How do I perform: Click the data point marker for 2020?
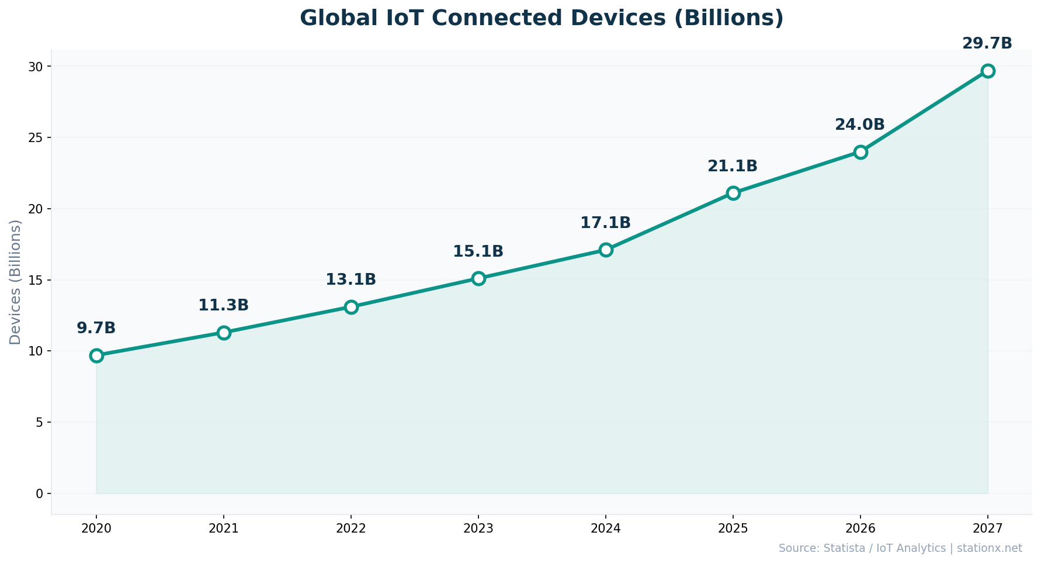[x=96, y=355]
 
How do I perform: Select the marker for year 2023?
[x=478, y=278]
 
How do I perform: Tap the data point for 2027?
[x=988, y=71]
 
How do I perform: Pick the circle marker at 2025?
[x=733, y=193]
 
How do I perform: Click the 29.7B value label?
[x=987, y=44]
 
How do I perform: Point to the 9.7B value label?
[x=96, y=329]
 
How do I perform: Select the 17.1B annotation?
[x=605, y=223]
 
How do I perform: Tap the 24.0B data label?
[x=859, y=125]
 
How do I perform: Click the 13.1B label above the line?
[x=351, y=280]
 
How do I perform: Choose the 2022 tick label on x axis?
[x=351, y=529]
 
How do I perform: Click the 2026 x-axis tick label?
[x=860, y=529]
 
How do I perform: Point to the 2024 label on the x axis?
[x=606, y=529]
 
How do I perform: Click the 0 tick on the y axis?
[x=40, y=493]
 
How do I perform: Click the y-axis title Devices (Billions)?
[x=16, y=282]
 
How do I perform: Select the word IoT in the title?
[x=399, y=18]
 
